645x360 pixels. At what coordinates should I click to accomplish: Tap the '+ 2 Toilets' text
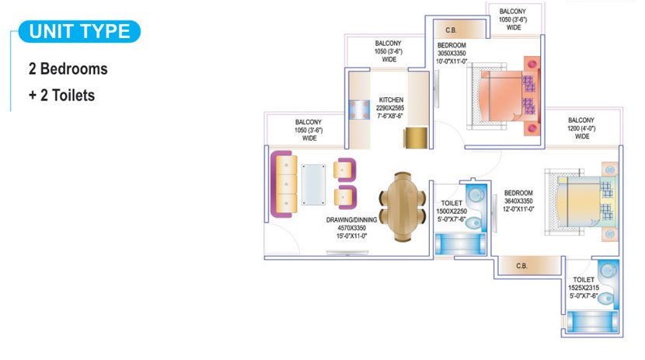[x=62, y=95]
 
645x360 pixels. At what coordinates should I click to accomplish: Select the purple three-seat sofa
[x=284, y=183]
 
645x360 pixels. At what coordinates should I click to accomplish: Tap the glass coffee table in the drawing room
[x=314, y=185]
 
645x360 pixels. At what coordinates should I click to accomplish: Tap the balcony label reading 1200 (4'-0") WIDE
[x=582, y=128]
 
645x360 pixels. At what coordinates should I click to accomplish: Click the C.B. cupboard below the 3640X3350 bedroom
[x=522, y=266]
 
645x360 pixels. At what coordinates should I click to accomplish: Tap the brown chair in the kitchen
[x=415, y=137]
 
